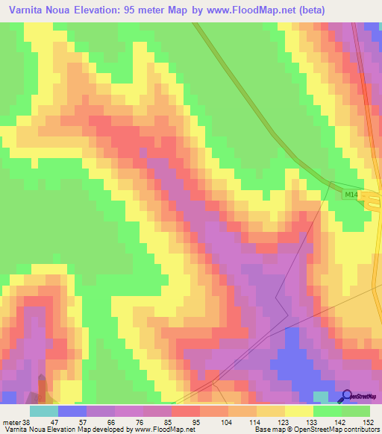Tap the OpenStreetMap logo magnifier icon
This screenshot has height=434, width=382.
[347, 396]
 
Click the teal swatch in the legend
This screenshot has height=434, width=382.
[44, 411]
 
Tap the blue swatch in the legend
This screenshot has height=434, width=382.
[72, 411]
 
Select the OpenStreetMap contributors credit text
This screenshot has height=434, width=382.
[332, 430]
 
